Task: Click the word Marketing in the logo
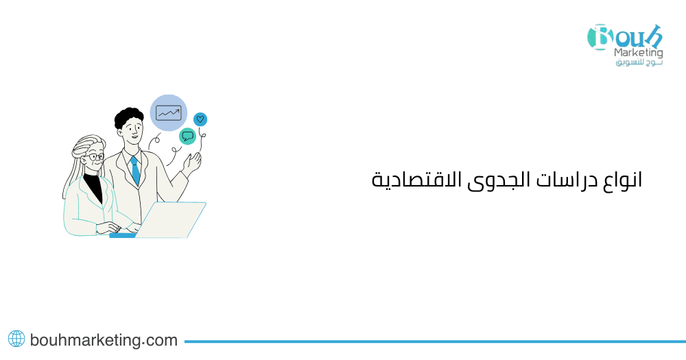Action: coord(639,53)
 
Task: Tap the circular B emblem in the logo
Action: coord(600,37)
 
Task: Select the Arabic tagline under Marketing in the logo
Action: coord(639,63)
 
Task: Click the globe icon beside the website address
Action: coord(16,339)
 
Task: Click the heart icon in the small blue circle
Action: coord(200,119)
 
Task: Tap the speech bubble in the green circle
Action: coord(187,136)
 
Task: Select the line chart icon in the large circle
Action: coord(168,112)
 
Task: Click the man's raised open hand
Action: coord(193,163)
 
